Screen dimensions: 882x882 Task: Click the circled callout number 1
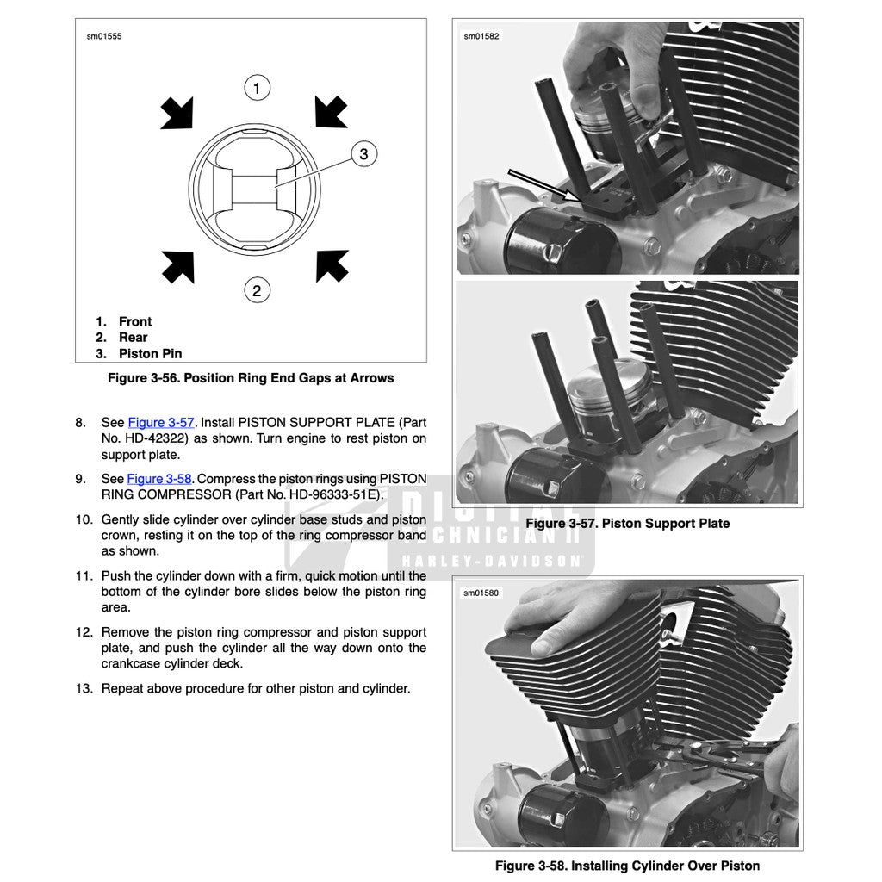coord(257,87)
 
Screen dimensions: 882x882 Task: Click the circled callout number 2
coord(257,290)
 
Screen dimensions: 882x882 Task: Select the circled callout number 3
coord(363,154)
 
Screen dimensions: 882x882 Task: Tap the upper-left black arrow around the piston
coord(177,113)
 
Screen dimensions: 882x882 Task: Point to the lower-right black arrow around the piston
coord(332,265)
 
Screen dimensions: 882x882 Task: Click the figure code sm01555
coord(104,36)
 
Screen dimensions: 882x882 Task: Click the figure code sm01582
coord(481,36)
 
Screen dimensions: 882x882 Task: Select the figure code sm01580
coord(481,593)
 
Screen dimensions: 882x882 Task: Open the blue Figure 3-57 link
coord(161,422)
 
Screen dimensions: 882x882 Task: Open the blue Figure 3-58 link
coord(159,479)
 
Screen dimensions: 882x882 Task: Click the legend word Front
coord(135,321)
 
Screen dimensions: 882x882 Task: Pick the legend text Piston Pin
coord(150,353)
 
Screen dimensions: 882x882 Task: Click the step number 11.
coord(84,575)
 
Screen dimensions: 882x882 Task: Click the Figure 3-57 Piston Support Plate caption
coord(627,523)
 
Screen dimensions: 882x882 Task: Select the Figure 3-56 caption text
coord(250,377)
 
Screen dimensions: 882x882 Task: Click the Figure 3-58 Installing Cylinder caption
coord(627,865)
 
